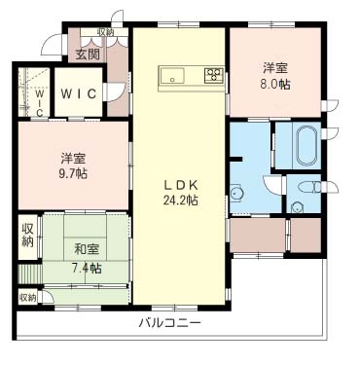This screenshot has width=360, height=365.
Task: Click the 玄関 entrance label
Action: coord(88,55)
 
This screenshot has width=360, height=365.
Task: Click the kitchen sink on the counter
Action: coord(176,76)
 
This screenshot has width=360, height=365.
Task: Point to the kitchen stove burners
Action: coord(212,76)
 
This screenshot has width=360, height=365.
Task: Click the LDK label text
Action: coord(181,185)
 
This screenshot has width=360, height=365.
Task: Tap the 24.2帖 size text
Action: coord(181,201)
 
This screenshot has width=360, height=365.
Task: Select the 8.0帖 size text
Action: coord(275,85)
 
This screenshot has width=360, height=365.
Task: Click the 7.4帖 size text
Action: coord(85,267)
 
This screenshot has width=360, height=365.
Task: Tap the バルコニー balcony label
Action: coord(168,321)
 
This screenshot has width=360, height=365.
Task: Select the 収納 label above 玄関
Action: coord(104,32)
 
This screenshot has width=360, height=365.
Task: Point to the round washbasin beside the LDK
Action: coord(235,191)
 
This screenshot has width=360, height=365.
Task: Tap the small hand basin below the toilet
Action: coord(298,205)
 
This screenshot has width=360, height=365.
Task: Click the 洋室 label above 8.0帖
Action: coord(275,68)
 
